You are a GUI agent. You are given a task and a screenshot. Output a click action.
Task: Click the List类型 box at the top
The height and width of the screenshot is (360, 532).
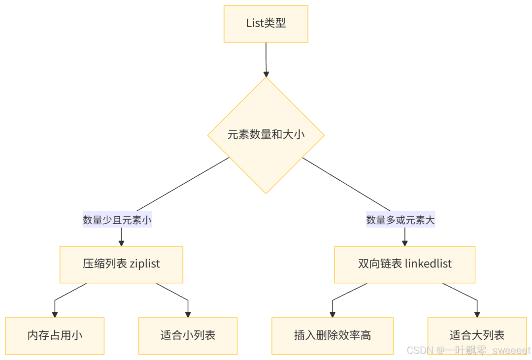(x=266, y=24)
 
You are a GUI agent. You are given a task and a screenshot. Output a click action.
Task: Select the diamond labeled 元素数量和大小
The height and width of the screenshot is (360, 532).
(x=266, y=135)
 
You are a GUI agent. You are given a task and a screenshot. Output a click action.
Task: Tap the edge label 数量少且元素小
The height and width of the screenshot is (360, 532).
(x=117, y=220)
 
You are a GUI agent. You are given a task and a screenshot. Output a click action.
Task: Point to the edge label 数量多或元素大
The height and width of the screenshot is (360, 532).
(x=400, y=220)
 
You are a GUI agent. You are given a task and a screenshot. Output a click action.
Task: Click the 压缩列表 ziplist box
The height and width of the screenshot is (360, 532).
(x=121, y=264)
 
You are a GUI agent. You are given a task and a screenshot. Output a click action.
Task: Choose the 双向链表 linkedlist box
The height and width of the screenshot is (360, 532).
(x=404, y=264)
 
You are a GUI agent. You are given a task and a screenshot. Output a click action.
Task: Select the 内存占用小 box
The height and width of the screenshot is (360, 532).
(x=55, y=336)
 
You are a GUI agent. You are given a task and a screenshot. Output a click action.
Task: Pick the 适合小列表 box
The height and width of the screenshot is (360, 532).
(x=188, y=336)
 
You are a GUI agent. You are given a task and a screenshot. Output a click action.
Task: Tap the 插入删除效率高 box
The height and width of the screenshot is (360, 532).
(x=332, y=336)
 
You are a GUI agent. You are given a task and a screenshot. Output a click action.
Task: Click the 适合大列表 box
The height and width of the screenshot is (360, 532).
(x=477, y=336)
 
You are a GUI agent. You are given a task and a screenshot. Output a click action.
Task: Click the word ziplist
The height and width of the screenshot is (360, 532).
(x=145, y=264)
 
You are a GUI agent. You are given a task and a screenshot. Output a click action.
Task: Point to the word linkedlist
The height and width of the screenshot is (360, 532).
(x=428, y=264)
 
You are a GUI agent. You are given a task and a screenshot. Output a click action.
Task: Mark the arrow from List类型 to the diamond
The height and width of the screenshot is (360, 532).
(x=266, y=59)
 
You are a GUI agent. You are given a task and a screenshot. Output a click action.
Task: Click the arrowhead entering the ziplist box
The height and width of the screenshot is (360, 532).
(x=121, y=242)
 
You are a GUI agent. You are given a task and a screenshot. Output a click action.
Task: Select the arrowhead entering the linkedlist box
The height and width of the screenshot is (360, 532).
(x=405, y=242)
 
